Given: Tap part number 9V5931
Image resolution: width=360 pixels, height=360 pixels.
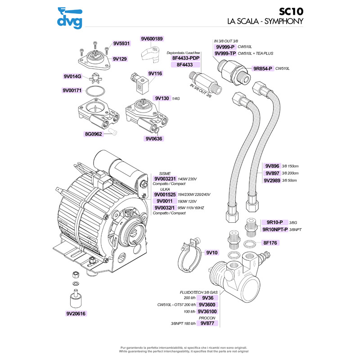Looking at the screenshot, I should coord(121,44).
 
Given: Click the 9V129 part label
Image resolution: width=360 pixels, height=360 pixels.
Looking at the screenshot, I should coord(120,59).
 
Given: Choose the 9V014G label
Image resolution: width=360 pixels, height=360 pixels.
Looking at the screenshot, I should coord(72,77).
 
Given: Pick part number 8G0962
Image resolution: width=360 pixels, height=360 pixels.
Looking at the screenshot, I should coord(94,134).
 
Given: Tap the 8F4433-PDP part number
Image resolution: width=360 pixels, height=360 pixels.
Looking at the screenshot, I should coord(185,58).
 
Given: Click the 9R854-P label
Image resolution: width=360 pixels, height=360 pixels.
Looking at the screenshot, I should coord(264,68).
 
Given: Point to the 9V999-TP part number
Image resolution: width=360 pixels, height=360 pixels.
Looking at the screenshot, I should coord(225,54).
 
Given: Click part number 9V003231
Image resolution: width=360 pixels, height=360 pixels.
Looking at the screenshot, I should coord(168,179).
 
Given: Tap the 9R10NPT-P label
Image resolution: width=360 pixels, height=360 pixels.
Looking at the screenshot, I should coord(275,229).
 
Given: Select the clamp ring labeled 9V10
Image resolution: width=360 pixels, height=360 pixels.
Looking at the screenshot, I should coord(185,260).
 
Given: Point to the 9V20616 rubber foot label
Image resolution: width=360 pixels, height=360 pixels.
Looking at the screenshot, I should coord(76,314).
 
